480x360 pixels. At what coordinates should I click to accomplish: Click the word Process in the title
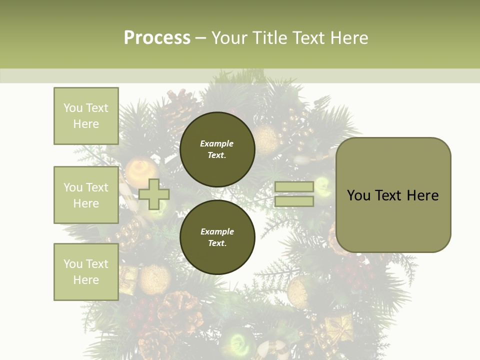(x=157, y=38)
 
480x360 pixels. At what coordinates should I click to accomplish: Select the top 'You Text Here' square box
(x=86, y=116)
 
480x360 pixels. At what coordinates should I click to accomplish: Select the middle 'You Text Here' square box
(x=86, y=195)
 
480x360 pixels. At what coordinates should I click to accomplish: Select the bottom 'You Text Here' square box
(x=86, y=272)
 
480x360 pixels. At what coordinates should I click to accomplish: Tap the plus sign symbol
(x=154, y=194)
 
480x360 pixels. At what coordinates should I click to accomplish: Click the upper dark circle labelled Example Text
(x=217, y=149)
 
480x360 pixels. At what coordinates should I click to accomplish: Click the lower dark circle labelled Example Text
(x=217, y=237)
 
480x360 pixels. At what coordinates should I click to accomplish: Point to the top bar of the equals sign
(x=294, y=187)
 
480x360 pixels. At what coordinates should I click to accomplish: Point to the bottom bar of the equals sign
(x=294, y=201)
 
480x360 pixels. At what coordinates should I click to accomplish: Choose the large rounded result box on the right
(x=393, y=195)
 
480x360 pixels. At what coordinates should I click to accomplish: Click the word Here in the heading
(x=349, y=38)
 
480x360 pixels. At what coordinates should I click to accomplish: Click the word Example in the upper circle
(x=216, y=143)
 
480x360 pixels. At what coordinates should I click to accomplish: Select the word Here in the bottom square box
(x=86, y=280)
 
